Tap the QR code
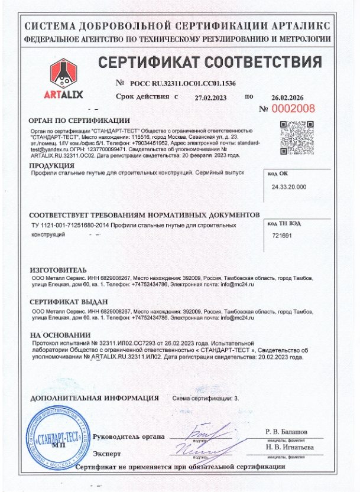(291, 136)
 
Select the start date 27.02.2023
(211, 96)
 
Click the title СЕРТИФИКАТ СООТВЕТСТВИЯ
(210, 63)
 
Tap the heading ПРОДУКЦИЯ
(51, 165)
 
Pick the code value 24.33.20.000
(289, 187)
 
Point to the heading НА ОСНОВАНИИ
(60, 334)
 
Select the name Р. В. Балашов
(287, 431)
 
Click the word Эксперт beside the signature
(107, 454)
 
